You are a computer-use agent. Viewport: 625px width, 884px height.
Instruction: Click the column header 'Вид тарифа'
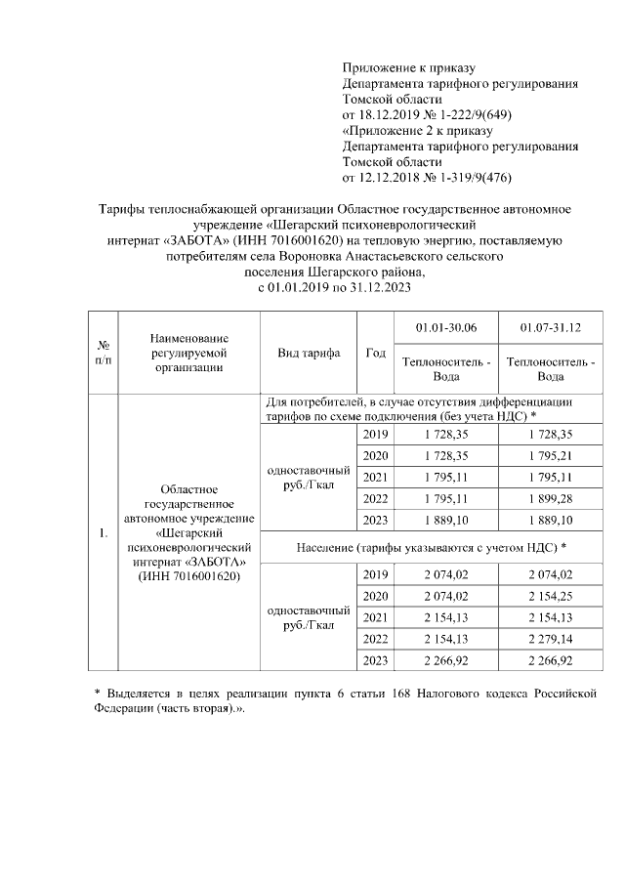309,353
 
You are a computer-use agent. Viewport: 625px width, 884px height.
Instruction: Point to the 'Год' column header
375,353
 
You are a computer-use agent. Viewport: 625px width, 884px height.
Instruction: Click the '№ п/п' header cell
103,353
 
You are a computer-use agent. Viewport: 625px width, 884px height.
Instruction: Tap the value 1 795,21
550,455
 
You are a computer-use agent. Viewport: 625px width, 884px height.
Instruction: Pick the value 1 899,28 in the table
550,498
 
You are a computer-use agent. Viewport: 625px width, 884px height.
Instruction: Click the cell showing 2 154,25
550,596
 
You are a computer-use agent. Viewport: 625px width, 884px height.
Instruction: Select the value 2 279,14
550,640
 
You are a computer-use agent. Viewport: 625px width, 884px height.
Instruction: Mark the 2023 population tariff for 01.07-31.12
550,661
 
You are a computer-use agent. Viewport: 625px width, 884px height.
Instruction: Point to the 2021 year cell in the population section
375,617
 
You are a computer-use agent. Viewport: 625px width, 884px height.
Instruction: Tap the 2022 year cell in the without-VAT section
375,498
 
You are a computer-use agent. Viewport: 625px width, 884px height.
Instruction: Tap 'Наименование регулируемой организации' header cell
188,353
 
